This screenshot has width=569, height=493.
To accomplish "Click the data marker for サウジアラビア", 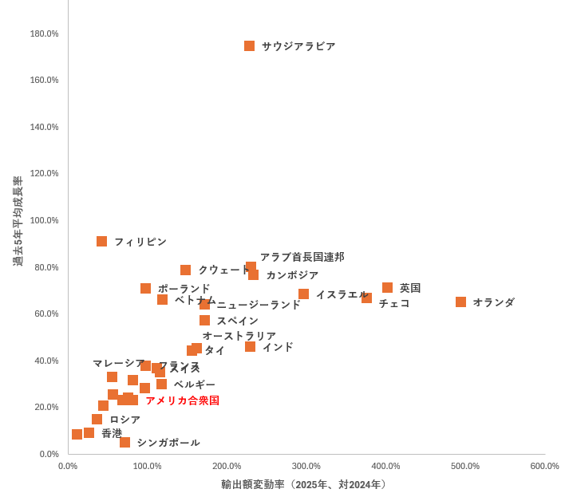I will pyautogui.click(x=249, y=46).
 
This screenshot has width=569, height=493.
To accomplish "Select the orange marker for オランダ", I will pyautogui.click(x=460, y=302).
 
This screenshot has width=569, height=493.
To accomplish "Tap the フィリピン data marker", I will pyautogui.click(x=101, y=242).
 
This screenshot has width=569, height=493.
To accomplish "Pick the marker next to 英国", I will pyautogui.click(x=387, y=288).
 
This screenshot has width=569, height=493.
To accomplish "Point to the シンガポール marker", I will pyautogui.click(x=124, y=443).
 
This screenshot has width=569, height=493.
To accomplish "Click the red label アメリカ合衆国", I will pyautogui.click(x=182, y=400).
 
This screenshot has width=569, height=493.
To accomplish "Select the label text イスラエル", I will pyautogui.click(x=342, y=294).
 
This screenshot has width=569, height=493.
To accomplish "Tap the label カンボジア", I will pyautogui.click(x=292, y=275).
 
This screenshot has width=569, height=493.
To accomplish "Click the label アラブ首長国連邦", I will pyautogui.click(x=302, y=257).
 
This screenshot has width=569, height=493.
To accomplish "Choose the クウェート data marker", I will pyautogui.click(x=185, y=270).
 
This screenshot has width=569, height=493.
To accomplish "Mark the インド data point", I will pyautogui.click(x=250, y=347).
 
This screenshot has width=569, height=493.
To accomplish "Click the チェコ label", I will pyautogui.click(x=394, y=304).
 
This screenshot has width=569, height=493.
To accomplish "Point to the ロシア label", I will pyautogui.click(x=124, y=420).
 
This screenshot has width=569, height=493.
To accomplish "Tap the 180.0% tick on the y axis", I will pyautogui.click(x=44, y=34).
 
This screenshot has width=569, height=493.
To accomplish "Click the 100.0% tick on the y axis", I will pyautogui.click(x=44, y=220).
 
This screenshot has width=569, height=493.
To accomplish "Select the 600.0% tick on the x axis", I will pyautogui.click(x=544, y=466).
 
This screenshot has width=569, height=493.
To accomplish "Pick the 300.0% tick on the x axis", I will pyautogui.click(x=306, y=466).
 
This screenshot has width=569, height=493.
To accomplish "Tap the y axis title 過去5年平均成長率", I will pyautogui.click(x=18, y=221).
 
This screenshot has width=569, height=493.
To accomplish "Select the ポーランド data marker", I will pyautogui.click(x=145, y=289).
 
